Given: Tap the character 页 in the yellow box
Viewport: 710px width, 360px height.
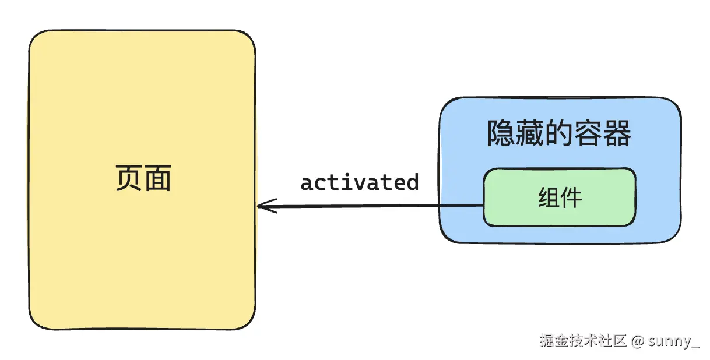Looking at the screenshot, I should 128,179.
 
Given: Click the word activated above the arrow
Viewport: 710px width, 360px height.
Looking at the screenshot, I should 360,182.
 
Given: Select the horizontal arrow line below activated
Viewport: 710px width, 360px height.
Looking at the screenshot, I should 373,206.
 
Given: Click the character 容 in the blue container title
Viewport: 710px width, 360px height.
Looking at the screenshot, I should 589,134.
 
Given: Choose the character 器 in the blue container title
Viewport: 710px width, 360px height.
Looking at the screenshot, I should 618,134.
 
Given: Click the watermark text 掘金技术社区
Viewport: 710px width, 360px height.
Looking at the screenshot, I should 582,341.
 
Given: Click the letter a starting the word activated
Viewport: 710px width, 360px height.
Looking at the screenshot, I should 307,183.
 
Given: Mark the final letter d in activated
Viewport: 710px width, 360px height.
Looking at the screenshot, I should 413,182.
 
